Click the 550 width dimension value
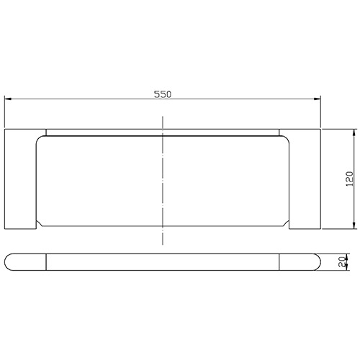163,94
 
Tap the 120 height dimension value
348,180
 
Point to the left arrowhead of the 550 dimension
9,101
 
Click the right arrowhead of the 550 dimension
317,101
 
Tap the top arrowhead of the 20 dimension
348,255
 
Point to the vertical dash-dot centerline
163,187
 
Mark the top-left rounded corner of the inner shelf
41,140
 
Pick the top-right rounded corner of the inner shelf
286,140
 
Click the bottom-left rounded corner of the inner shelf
41,222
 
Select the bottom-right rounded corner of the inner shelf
286,222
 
